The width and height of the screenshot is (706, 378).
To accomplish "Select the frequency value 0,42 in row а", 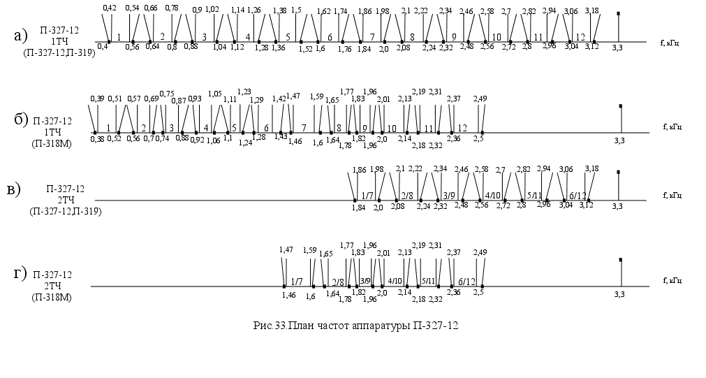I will [109, 8].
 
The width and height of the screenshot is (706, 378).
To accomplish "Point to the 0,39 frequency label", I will [97, 99].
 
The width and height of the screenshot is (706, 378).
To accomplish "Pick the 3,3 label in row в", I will [617, 206].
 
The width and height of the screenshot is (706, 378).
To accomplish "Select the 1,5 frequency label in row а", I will [296, 10].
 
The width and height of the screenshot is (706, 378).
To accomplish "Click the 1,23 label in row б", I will [244, 92].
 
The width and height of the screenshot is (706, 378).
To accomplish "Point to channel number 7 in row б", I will [304, 128].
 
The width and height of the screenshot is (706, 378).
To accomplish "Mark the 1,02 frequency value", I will [212, 10].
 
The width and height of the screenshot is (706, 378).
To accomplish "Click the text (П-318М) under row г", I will [52, 298].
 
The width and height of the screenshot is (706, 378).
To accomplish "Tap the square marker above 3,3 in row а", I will [619, 13].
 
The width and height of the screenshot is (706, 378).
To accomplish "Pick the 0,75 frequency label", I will [167, 94].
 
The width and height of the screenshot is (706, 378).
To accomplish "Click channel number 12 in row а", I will [580, 37].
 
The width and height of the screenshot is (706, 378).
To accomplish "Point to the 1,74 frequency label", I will [341, 11].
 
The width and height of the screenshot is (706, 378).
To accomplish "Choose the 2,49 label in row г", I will [480, 252].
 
